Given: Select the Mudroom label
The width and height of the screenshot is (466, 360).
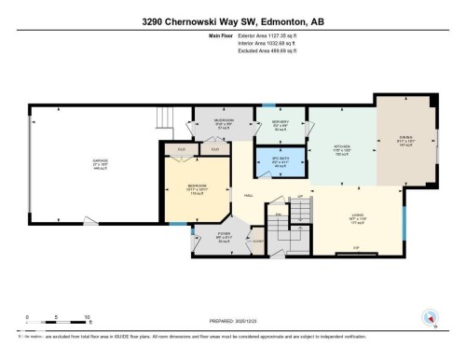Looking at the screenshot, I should [212, 122].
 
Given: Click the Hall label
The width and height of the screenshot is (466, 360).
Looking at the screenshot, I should [250, 195].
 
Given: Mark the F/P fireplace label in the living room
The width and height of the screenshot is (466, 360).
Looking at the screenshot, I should [356, 247].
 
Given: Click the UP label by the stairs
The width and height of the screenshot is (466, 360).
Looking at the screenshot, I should [299, 197].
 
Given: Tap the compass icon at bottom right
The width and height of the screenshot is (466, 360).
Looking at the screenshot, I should [431, 317].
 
